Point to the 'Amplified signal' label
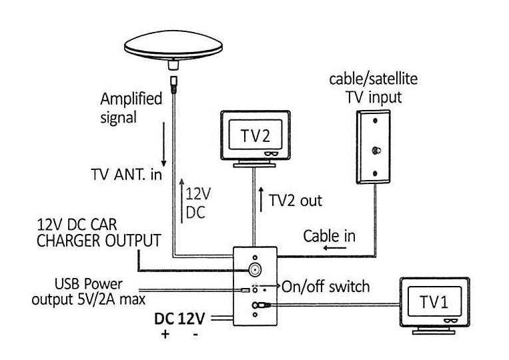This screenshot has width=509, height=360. tap(131, 109)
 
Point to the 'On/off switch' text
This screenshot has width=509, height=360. tap(326, 287)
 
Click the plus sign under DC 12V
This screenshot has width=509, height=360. tap(165, 335)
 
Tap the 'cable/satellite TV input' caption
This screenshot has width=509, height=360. tap(374, 87)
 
